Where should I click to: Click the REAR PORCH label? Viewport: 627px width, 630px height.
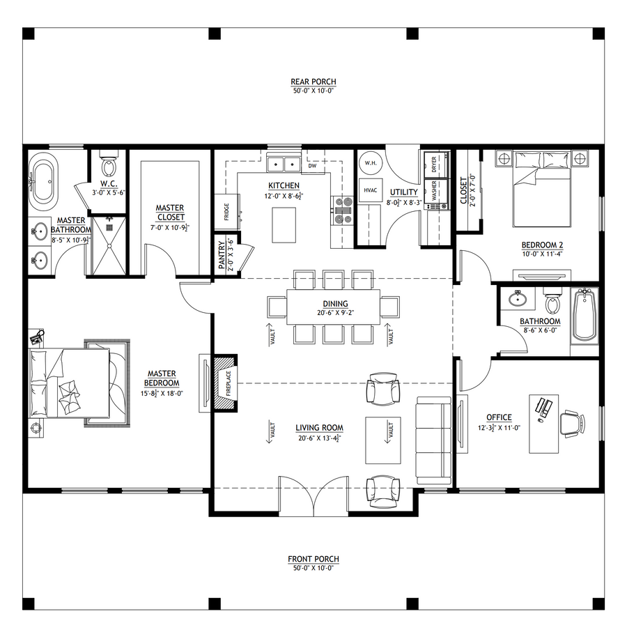pos(313,82)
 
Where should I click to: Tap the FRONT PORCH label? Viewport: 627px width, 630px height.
pos(313,559)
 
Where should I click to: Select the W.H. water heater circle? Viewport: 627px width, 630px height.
pos(371,163)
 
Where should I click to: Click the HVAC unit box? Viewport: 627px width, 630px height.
pos(371,190)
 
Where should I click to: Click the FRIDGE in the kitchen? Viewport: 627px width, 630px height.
pos(226,212)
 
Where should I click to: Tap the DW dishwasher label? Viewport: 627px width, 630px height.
pos(313,166)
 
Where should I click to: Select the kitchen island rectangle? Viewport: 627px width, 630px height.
pos(284,225)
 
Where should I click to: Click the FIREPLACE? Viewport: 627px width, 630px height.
pos(225,383)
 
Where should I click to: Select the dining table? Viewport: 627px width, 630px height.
pos(334,307)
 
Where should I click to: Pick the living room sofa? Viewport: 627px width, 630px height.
pos(434,440)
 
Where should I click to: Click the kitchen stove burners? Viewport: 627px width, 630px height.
pos(342,210)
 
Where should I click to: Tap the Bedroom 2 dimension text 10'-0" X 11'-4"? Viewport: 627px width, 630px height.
pos(542,254)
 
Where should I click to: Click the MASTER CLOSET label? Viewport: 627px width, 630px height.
pos(170,213)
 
